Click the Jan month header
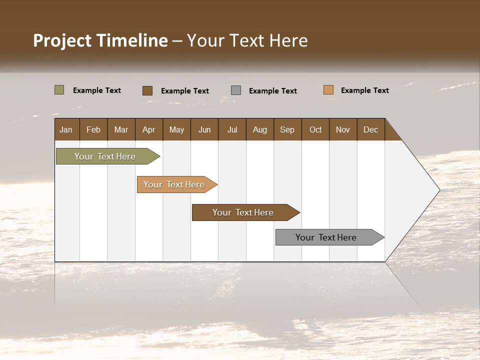coord(66,129)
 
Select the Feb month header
coord(93,129)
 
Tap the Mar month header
coord(121,129)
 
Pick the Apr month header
coord(149,129)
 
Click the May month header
coord(176,129)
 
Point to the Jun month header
coord(204,129)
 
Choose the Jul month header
coord(232,129)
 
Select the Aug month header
coord(260,129)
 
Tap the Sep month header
coord(287,129)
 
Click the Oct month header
coord(315,129)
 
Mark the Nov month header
coord(343,129)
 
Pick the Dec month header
coord(371,129)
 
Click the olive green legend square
coord(59,90)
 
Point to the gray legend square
coord(236,90)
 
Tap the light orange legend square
coord(328,90)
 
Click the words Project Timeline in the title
coord(100,40)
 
